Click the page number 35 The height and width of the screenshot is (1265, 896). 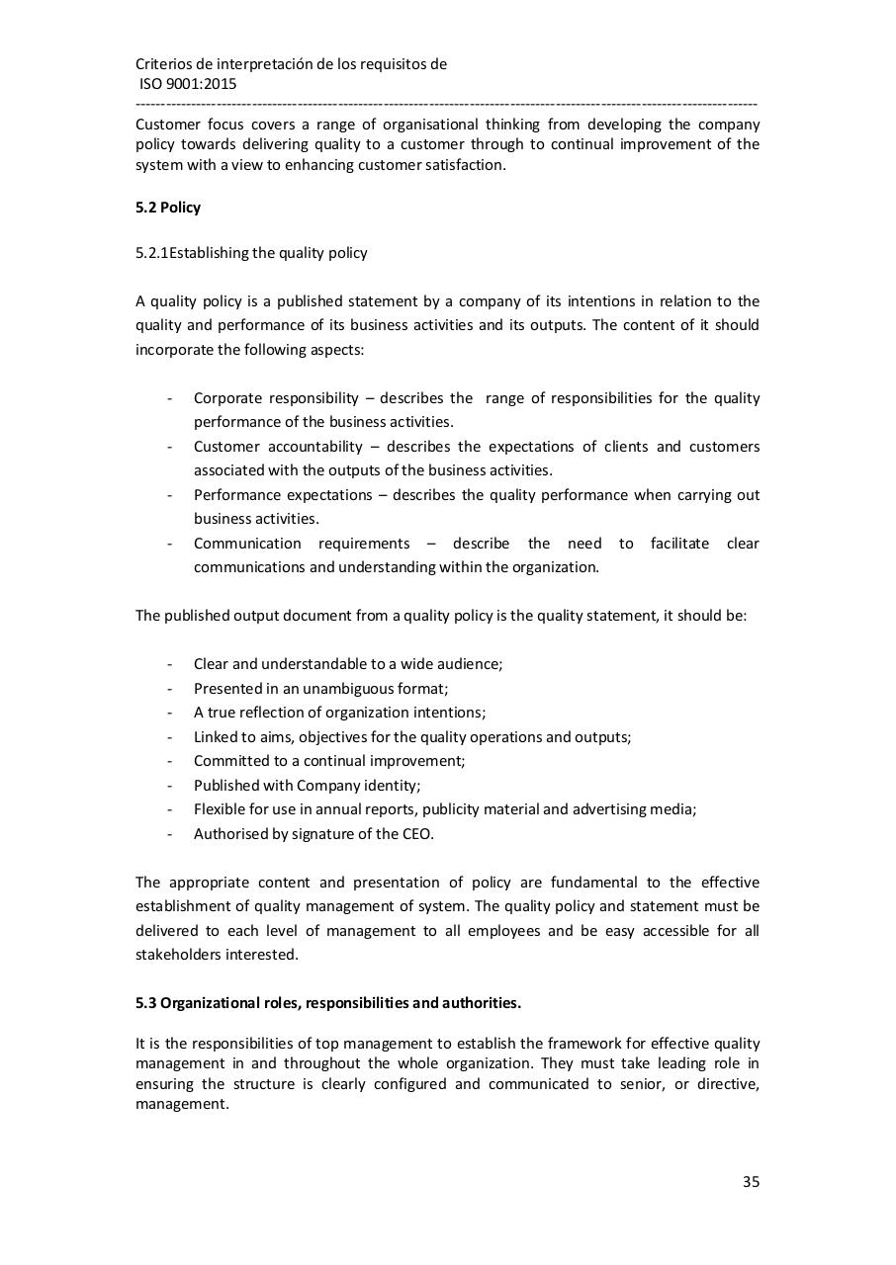point(751,1182)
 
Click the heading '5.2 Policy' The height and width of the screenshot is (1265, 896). point(168,208)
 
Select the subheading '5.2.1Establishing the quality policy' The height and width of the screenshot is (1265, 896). point(251,253)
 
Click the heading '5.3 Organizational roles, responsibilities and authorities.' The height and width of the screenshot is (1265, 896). point(328,1003)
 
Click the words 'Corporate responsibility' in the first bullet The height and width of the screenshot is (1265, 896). point(276,398)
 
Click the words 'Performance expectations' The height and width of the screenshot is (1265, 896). point(283,495)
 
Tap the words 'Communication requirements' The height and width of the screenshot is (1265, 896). point(301,544)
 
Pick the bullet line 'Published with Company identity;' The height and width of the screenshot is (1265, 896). point(307,786)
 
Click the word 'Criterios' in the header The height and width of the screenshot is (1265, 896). point(164,64)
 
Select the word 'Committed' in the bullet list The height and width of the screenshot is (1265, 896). point(227,761)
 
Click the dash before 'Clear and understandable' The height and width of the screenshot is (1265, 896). point(170,664)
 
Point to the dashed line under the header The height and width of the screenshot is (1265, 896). point(447,104)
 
